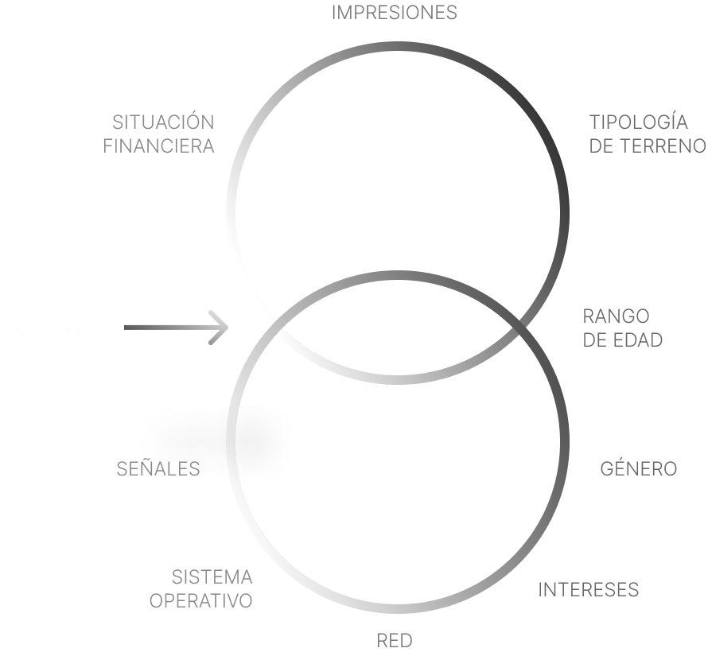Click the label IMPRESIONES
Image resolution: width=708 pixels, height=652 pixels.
click(x=395, y=13)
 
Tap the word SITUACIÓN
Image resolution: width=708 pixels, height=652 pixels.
click(x=163, y=122)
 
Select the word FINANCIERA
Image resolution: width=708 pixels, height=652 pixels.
click(x=158, y=146)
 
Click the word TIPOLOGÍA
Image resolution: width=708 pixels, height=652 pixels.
click(x=639, y=122)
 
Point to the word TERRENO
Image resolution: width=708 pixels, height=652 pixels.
click(x=663, y=146)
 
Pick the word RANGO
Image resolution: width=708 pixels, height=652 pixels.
click(x=616, y=316)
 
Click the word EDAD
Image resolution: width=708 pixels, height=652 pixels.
click(x=637, y=340)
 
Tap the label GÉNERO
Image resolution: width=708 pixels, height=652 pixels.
click(x=639, y=468)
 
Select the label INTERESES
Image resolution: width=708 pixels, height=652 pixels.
click(x=589, y=590)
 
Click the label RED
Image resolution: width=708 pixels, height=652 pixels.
click(x=395, y=640)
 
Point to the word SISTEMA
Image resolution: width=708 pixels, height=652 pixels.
click(x=212, y=577)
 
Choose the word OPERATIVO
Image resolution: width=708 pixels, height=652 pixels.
click(x=201, y=601)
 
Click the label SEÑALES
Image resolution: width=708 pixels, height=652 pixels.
click(x=158, y=468)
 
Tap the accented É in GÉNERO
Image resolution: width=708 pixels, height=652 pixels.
click(x=620, y=468)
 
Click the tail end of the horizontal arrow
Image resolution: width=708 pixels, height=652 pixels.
click(x=125, y=328)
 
